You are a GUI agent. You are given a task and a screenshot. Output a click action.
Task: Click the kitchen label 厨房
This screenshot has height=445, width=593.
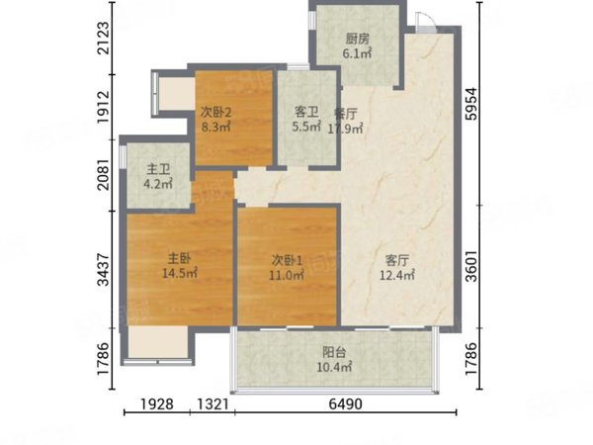click(x=358, y=39)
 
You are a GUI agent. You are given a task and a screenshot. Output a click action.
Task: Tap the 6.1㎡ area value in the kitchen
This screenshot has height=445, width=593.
click(x=357, y=53)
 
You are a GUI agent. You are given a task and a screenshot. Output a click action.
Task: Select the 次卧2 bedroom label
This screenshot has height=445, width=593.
click(x=215, y=112)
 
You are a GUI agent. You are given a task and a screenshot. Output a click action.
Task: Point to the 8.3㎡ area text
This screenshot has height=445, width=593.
click(x=215, y=127)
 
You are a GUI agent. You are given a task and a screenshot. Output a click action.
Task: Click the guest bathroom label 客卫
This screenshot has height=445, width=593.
click(x=306, y=112)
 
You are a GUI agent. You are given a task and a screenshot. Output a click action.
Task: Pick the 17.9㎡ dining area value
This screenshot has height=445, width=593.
click(x=345, y=129)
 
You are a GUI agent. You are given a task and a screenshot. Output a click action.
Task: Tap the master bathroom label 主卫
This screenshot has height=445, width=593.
click(x=158, y=169)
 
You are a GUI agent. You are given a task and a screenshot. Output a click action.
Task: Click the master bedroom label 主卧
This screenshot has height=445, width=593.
click(x=179, y=258)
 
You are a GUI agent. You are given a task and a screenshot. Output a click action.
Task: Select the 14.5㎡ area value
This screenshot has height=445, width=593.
click(x=179, y=273)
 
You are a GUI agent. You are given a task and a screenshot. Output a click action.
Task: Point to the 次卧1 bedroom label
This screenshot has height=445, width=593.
click(x=287, y=260)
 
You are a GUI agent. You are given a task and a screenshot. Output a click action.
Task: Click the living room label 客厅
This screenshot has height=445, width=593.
click(x=396, y=260)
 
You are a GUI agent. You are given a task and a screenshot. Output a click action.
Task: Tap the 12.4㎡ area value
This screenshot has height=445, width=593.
click(x=396, y=275)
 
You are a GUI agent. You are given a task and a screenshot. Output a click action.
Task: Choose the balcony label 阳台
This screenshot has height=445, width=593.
click(x=334, y=352)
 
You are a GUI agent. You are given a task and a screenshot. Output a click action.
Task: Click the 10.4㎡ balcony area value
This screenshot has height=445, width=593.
click(x=334, y=367)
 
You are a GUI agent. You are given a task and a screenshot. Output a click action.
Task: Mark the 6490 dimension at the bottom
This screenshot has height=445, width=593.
click(x=345, y=404)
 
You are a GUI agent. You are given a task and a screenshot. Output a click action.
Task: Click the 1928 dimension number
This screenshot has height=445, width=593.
click(x=157, y=404)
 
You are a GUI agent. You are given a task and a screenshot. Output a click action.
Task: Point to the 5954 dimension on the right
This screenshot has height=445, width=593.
click(x=471, y=104)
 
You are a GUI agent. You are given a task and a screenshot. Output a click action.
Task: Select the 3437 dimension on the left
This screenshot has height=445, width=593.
click(x=103, y=270)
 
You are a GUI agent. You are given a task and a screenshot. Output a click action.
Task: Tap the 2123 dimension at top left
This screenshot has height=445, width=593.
click(x=103, y=38)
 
